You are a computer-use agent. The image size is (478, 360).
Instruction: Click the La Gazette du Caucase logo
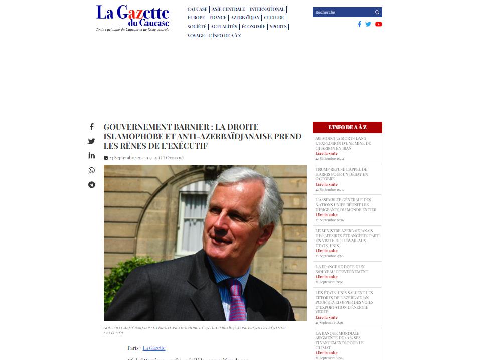point(132,18)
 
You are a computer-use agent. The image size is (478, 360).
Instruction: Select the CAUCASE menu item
point(197,9)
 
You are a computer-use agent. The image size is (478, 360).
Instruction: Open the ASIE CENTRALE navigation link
point(228,9)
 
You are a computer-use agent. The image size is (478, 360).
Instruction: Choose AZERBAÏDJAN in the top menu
point(245,18)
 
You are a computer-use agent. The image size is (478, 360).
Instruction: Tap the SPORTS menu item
point(278,27)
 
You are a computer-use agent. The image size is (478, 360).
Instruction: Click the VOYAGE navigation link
point(196,36)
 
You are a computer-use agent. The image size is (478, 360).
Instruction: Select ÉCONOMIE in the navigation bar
point(253,27)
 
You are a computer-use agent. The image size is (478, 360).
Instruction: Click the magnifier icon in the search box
point(377,12)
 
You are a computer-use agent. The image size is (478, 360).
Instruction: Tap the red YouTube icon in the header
point(378,24)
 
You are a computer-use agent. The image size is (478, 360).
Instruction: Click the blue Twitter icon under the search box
point(368,24)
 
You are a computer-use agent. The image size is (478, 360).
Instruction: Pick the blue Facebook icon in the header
point(359,24)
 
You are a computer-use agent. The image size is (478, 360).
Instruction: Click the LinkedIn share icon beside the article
point(92,156)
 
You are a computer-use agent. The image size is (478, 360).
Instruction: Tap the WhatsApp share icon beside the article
point(92,170)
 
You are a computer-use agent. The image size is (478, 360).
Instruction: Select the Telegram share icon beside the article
point(92,185)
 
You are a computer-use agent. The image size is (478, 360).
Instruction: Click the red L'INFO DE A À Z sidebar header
point(347,127)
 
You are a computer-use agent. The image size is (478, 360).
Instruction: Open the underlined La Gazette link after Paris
point(154,348)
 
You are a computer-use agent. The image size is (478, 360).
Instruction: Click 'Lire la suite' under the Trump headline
point(327,184)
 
